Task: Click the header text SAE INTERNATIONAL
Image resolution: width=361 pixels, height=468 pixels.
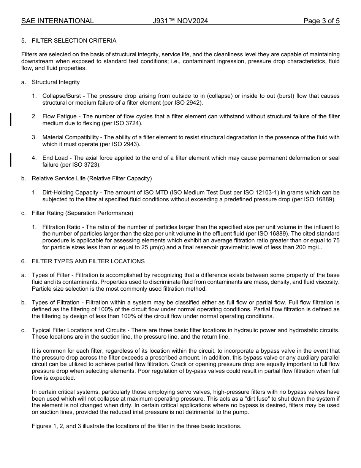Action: pos(57,21)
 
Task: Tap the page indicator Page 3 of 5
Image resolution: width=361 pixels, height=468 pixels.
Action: pos(321,21)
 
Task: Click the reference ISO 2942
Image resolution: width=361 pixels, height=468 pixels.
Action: pos(189,103)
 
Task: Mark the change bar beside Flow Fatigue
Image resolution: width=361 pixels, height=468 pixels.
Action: pos(11,119)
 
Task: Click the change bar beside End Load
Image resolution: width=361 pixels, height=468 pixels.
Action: pos(11,160)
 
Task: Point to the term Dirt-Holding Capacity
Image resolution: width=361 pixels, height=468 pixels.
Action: pos(65,193)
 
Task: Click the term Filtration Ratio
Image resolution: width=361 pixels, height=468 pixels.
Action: pos(61,227)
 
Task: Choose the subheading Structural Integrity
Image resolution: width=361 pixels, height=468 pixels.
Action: pos(56,82)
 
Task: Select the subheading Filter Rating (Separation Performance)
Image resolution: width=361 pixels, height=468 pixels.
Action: pos(82,213)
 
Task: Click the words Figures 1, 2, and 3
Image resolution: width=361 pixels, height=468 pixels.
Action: pos(62,426)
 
